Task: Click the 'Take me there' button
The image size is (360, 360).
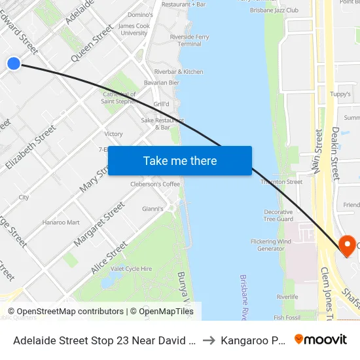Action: [179, 160]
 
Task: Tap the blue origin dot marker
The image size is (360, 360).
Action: [14, 63]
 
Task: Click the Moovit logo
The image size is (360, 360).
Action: [321, 339]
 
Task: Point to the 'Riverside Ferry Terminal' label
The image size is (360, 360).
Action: [189, 41]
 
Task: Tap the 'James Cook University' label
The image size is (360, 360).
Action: [134, 29]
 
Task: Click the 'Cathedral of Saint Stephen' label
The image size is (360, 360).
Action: [120, 98]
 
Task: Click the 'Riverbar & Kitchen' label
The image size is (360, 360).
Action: [179, 71]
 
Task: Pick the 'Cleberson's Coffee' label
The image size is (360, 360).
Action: [155, 185]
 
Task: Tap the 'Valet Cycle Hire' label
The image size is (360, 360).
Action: [131, 268]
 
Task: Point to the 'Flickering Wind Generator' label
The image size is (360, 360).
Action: [271, 245]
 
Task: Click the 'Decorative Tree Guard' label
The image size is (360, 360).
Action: [278, 216]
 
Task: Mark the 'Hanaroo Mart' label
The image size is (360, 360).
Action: [61, 223]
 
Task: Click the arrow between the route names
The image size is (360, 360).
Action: [207, 340]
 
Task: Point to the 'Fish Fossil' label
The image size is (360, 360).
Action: [287, 317]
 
